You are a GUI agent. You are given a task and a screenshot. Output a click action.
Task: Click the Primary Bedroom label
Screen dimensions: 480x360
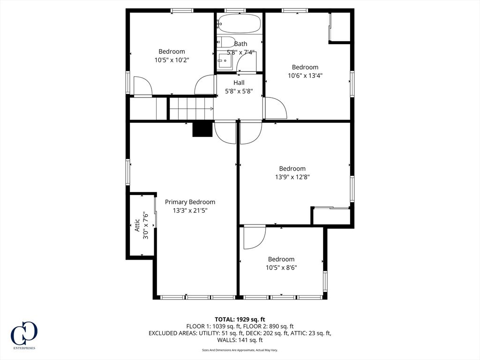pyautogui.click(x=190, y=202)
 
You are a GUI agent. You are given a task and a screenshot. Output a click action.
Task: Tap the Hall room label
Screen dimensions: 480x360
pyautogui.click(x=239, y=82)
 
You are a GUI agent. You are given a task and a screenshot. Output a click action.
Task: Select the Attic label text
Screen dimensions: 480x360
pyautogui.click(x=137, y=225)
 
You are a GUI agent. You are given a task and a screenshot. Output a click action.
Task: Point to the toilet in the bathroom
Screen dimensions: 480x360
pyautogui.click(x=225, y=42)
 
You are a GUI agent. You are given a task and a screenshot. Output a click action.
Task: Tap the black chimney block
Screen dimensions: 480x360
pyautogui.click(x=202, y=129)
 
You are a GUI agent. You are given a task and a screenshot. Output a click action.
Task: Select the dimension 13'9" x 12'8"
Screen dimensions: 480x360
pyautogui.click(x=292, y=177)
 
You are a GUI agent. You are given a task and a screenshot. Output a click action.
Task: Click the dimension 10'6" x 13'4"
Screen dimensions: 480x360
pyautogui.click(x=305, y=75)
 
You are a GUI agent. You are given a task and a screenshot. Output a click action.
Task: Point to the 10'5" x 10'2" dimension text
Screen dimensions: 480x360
pyautogui.click(x=172, y=60)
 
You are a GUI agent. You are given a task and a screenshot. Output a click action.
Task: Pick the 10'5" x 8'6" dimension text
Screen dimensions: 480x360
pyautogui.click(x=281, y=268)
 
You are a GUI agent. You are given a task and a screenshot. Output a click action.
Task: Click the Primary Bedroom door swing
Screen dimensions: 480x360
pyautogui.click(x=225, y=133)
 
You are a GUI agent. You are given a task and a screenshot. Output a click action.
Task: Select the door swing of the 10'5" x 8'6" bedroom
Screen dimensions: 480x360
pyautogui.click(x=255, y=238)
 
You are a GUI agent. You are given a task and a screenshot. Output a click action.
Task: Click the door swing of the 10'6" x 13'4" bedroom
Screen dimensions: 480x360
pyautogui.click(x=275, y=108)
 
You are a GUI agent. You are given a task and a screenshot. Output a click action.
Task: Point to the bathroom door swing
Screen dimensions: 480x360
pyautogui.click(x=247, y=63)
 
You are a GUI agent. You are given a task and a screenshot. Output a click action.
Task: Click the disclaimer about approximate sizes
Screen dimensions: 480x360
pyautogui.click(x=240, y=350)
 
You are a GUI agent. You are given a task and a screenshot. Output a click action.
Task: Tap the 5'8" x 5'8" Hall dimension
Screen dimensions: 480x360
pyautogui.click(x=239, y=91)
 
